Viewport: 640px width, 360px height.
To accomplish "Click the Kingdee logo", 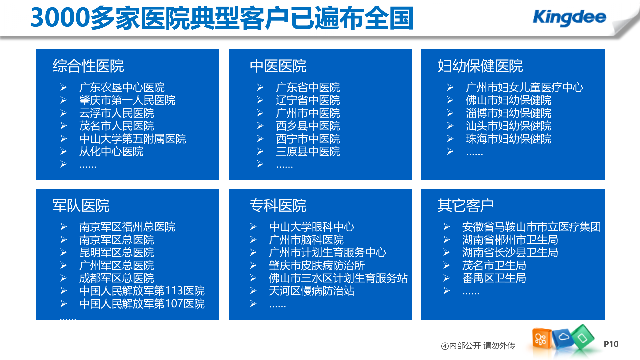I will [569, 17].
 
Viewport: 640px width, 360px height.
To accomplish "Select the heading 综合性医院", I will [88, 66].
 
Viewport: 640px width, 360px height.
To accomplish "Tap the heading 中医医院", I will [278, 66].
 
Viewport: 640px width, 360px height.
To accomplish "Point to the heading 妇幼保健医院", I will [480, 66].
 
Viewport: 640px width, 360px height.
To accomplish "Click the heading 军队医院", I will [81, 205].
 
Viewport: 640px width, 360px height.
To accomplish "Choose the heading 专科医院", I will [278, 205].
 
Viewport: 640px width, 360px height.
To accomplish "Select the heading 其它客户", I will [466, 205].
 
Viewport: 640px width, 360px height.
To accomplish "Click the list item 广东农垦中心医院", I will [122, 87].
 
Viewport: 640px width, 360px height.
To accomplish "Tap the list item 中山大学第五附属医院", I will [133, 139].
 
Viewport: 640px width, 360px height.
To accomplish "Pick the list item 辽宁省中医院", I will [308, 100].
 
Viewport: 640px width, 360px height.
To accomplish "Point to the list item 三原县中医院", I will [308, 152].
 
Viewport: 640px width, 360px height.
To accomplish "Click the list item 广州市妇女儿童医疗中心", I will [524, 87].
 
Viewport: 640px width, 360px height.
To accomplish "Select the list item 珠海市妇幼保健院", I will [508, 139].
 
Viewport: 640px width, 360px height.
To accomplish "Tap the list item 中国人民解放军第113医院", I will [142, 291].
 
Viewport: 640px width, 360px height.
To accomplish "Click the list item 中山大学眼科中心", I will [311, 227].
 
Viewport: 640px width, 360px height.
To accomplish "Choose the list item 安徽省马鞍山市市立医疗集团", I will [531, 227].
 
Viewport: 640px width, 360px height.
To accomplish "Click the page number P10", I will [611, 344].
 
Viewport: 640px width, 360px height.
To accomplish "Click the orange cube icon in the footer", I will [541, 339].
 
